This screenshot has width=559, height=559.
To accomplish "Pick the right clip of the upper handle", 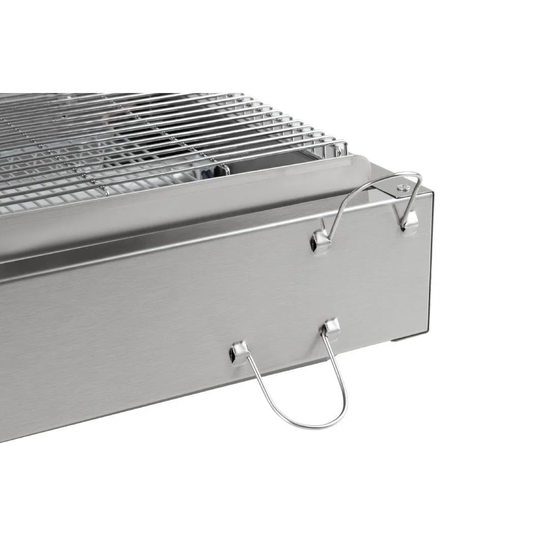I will [x=409, y=222].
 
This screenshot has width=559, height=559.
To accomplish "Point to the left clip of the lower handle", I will [x=239, y=352].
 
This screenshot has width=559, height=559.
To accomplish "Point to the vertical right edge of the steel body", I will [x=432, y=254].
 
